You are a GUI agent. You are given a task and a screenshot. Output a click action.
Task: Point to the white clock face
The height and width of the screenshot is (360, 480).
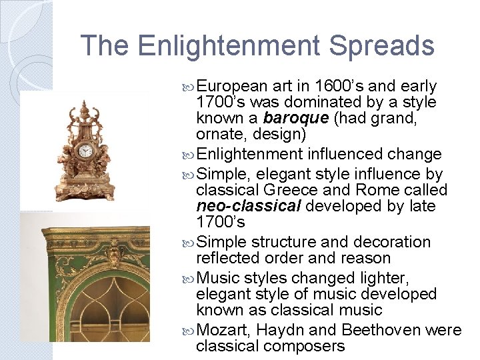coord(85,151)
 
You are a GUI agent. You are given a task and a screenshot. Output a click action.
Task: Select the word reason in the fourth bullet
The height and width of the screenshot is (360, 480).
coord(369,258)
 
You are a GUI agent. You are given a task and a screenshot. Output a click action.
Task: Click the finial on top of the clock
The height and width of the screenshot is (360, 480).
coord(84,106)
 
